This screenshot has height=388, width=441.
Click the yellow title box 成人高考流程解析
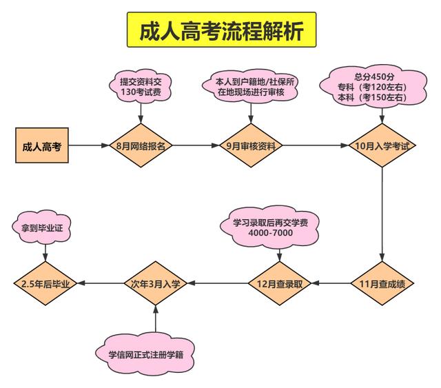tap(220, 30)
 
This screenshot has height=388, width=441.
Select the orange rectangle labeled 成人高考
tap(42, 146)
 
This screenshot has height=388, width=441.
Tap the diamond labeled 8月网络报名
tap(141, 146)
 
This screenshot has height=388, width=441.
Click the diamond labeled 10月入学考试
tap(382, 146)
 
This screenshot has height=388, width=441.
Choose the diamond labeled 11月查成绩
tap(382, 283)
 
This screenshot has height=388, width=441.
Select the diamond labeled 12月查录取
tap(279, 283)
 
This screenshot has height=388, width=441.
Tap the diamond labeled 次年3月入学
tap(156, 283)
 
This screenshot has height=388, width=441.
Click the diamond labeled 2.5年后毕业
tap(46, 283)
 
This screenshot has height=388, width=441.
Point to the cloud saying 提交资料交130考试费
tap(141, 86)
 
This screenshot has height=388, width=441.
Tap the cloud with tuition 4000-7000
tap(271, 227)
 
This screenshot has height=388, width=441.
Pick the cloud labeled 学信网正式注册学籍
tap(145, 354)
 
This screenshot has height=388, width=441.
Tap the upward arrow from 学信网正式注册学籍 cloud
tap(156, 318)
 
